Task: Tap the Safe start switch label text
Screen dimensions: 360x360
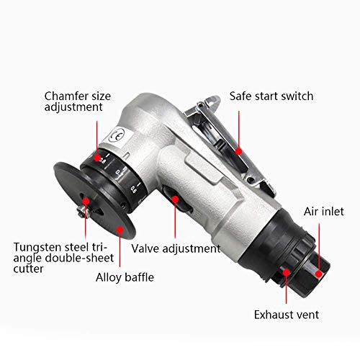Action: tap(272, 95)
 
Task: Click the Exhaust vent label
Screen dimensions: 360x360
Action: tap(286, 314)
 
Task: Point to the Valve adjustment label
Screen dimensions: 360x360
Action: tap(176, 248)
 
